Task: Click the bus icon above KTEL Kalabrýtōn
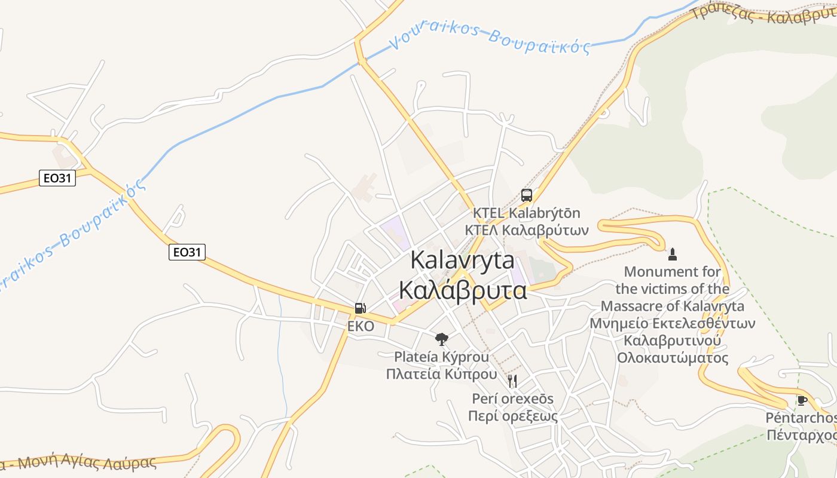[x=526, y=195]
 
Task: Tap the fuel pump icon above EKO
[x=360, y=308]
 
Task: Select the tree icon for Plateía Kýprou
[x=441, y=339]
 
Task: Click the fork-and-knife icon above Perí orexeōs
[x=512, y=381]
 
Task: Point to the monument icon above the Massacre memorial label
[x=673, y=255]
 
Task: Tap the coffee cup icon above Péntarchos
[x=802, y=400]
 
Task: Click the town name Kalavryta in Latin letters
[x=462, y=261]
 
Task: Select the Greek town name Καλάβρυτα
[x=462, y=290]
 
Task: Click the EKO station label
[x=361, y=326]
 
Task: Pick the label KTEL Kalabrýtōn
[x=526, y=213]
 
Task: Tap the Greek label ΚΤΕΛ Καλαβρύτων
[x=526, y=230]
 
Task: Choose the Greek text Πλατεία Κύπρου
[x=441, y=375]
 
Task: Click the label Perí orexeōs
[x=512, y=399]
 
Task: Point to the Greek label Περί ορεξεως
[x=512, y=416]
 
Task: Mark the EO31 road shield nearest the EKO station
[x=187, y=252]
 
